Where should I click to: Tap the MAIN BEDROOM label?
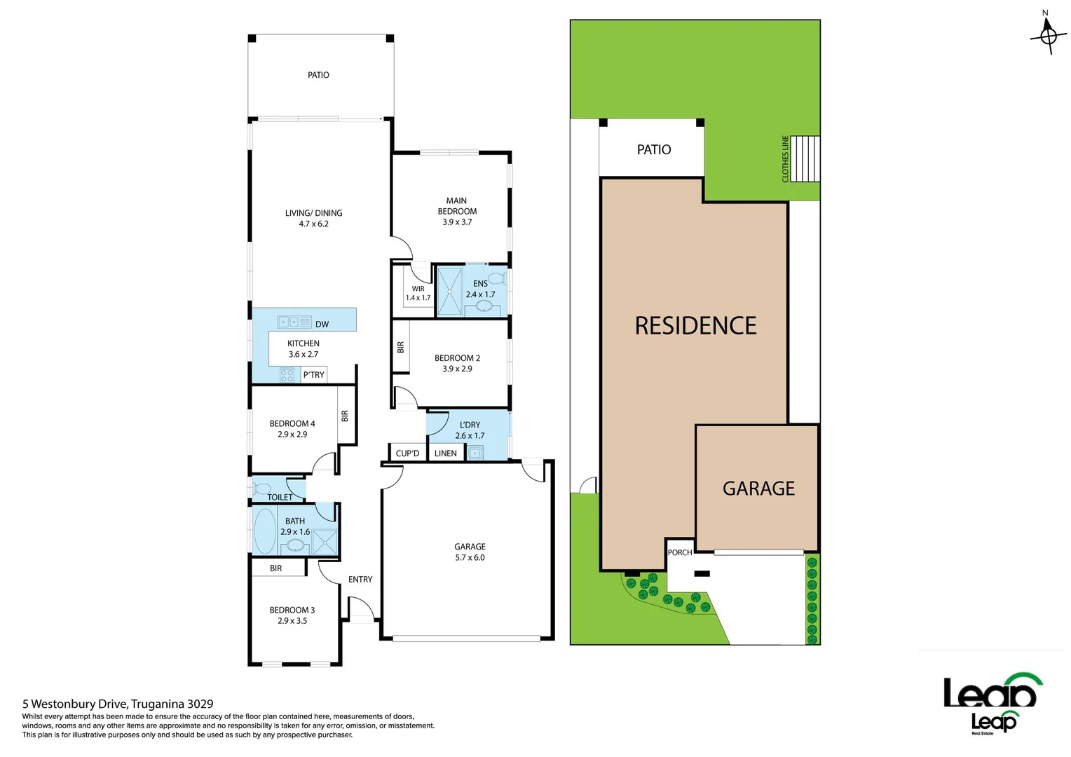457,206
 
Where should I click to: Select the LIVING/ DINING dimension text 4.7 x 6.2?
313,224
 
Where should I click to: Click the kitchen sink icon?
294,322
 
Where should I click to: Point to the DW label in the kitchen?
322,325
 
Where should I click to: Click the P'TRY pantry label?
313,375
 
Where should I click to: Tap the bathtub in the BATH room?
264,531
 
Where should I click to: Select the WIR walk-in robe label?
418,289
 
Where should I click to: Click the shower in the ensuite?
449,291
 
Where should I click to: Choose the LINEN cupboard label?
445,453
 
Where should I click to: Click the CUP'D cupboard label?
407,453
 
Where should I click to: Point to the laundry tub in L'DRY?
475,453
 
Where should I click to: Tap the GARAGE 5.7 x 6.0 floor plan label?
470,552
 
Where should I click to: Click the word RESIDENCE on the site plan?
695,326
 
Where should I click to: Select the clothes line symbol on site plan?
805,159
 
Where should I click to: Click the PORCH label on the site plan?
679,552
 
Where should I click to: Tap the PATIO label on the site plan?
653,149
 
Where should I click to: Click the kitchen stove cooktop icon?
287,375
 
